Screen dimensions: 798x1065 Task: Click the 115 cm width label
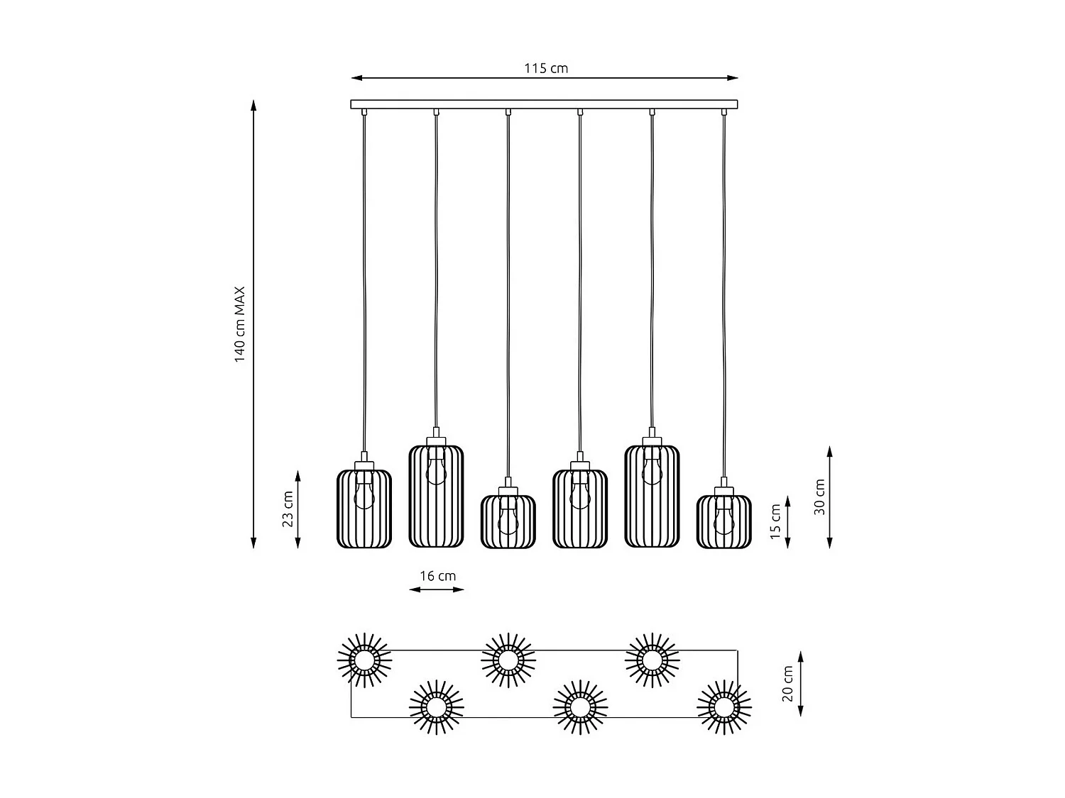click(x=546, y=68)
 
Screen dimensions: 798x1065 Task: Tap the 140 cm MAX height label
click(x=240, y=324)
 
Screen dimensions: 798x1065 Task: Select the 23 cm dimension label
click(x=288, y=509)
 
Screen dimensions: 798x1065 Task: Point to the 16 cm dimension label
click(x=437, y=576)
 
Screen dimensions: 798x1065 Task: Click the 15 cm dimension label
click(x=775, y=521)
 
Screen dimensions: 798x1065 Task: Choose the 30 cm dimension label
click(x=819, y=497)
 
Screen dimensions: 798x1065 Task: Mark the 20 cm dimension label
click(x=787, y=684)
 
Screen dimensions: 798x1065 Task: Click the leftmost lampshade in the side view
click(x=364, y=509)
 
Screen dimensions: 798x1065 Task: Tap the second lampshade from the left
click(x=436, y=496)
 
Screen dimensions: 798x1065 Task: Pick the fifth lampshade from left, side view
click(x=652, y=496)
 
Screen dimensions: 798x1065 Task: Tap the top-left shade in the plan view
click(x=364, y=660)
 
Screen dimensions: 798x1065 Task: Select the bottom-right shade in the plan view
click(x=723, y=707)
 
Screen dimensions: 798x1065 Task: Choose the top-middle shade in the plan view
click(x=508, y=660)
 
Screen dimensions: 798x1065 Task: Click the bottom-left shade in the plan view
click(x=436, y=707)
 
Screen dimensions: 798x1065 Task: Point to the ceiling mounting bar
click(x=544, y=104)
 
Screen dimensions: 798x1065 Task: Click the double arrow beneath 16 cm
click(x=437, y=589)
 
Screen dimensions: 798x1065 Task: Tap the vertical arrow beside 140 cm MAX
click(x=253, y=324)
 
